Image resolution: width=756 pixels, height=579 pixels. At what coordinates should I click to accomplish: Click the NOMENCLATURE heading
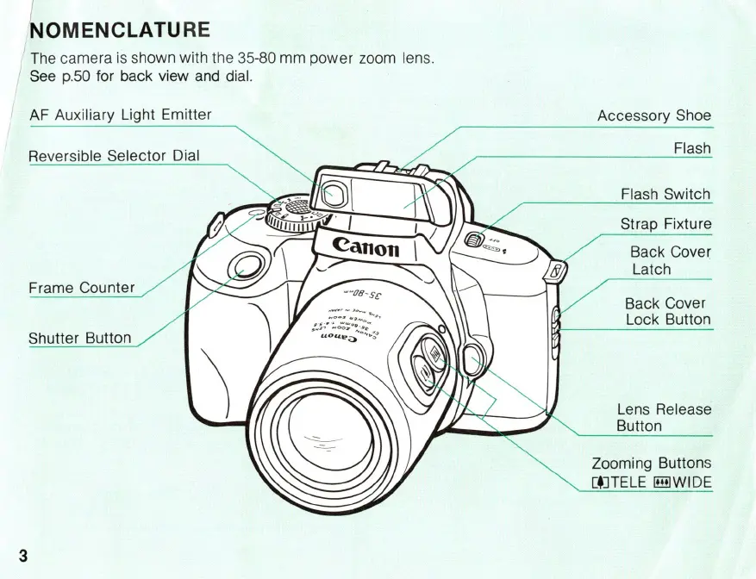point(120,31)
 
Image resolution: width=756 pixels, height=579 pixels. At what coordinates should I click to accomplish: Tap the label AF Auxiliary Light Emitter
point(120,114)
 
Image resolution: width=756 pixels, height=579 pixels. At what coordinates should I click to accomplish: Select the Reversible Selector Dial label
point(114,156)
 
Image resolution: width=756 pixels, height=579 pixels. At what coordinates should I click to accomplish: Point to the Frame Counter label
point(82,288)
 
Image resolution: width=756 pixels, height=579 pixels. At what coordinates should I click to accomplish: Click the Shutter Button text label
point(80,338)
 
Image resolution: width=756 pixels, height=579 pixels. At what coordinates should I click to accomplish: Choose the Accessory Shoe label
point(654,115)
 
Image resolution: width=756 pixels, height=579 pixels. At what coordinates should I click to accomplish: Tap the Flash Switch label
point(665,194)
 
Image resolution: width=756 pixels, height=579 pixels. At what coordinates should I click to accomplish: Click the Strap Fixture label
point(665,224)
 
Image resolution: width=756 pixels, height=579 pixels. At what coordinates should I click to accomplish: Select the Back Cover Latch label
point(670,260)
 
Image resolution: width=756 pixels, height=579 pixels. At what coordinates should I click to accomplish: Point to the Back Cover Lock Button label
point(667,311)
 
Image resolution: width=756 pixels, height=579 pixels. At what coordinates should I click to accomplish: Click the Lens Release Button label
point(663,417)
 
